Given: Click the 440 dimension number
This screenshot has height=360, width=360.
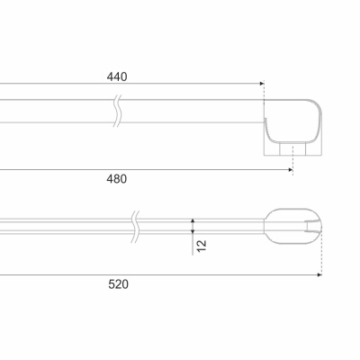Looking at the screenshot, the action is pos(117,76).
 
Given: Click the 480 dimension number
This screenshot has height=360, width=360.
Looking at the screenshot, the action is pos(117,179).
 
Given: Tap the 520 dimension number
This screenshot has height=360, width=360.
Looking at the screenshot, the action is pos(118,284).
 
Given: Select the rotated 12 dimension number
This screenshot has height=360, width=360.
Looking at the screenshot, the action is pos(202,246).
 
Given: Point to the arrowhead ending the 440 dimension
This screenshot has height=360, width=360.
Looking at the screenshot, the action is pos(262,84).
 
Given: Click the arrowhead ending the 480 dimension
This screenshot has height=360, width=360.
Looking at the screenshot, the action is pos(291,170).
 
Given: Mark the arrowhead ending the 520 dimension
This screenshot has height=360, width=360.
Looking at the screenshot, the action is pos(319,274).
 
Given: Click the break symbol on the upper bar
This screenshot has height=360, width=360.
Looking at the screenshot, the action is pos(118,111).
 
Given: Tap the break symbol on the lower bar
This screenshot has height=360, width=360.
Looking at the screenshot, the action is pos(136,227).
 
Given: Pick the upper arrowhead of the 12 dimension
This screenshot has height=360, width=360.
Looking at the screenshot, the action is pos(193,220).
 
